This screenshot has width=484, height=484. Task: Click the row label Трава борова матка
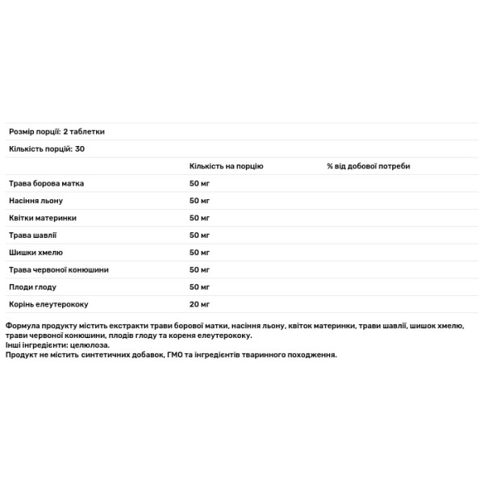tap(46, 184)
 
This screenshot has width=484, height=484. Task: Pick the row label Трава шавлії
tap(33, 236)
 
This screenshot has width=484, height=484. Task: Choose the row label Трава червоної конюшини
tap(57, 269)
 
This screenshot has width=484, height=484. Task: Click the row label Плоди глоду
tap(32, 287)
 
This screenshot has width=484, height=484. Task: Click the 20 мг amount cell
tap(199, 304)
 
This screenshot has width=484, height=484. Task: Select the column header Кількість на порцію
tap(226, 166)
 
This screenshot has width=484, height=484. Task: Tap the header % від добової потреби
tap(369, 166)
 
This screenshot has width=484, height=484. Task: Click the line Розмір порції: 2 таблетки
tap(56, 131)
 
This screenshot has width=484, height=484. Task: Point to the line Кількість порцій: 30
tap(48, 149)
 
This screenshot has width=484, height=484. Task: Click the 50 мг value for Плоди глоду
tap(199, 287)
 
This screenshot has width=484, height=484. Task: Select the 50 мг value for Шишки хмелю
tap(199, 252)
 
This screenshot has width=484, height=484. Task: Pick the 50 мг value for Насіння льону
tap(199, 201)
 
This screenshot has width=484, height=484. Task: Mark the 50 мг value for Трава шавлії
tap(199, 236)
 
